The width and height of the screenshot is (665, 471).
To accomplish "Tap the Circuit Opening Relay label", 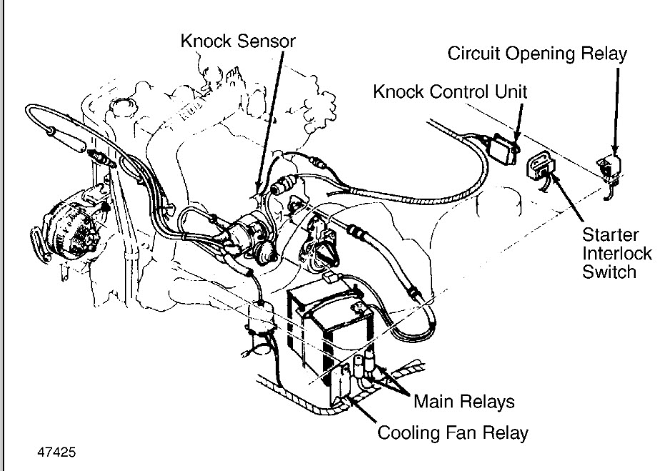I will (x=537, y=54).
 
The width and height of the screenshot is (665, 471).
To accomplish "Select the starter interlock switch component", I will (x=541, y=170).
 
